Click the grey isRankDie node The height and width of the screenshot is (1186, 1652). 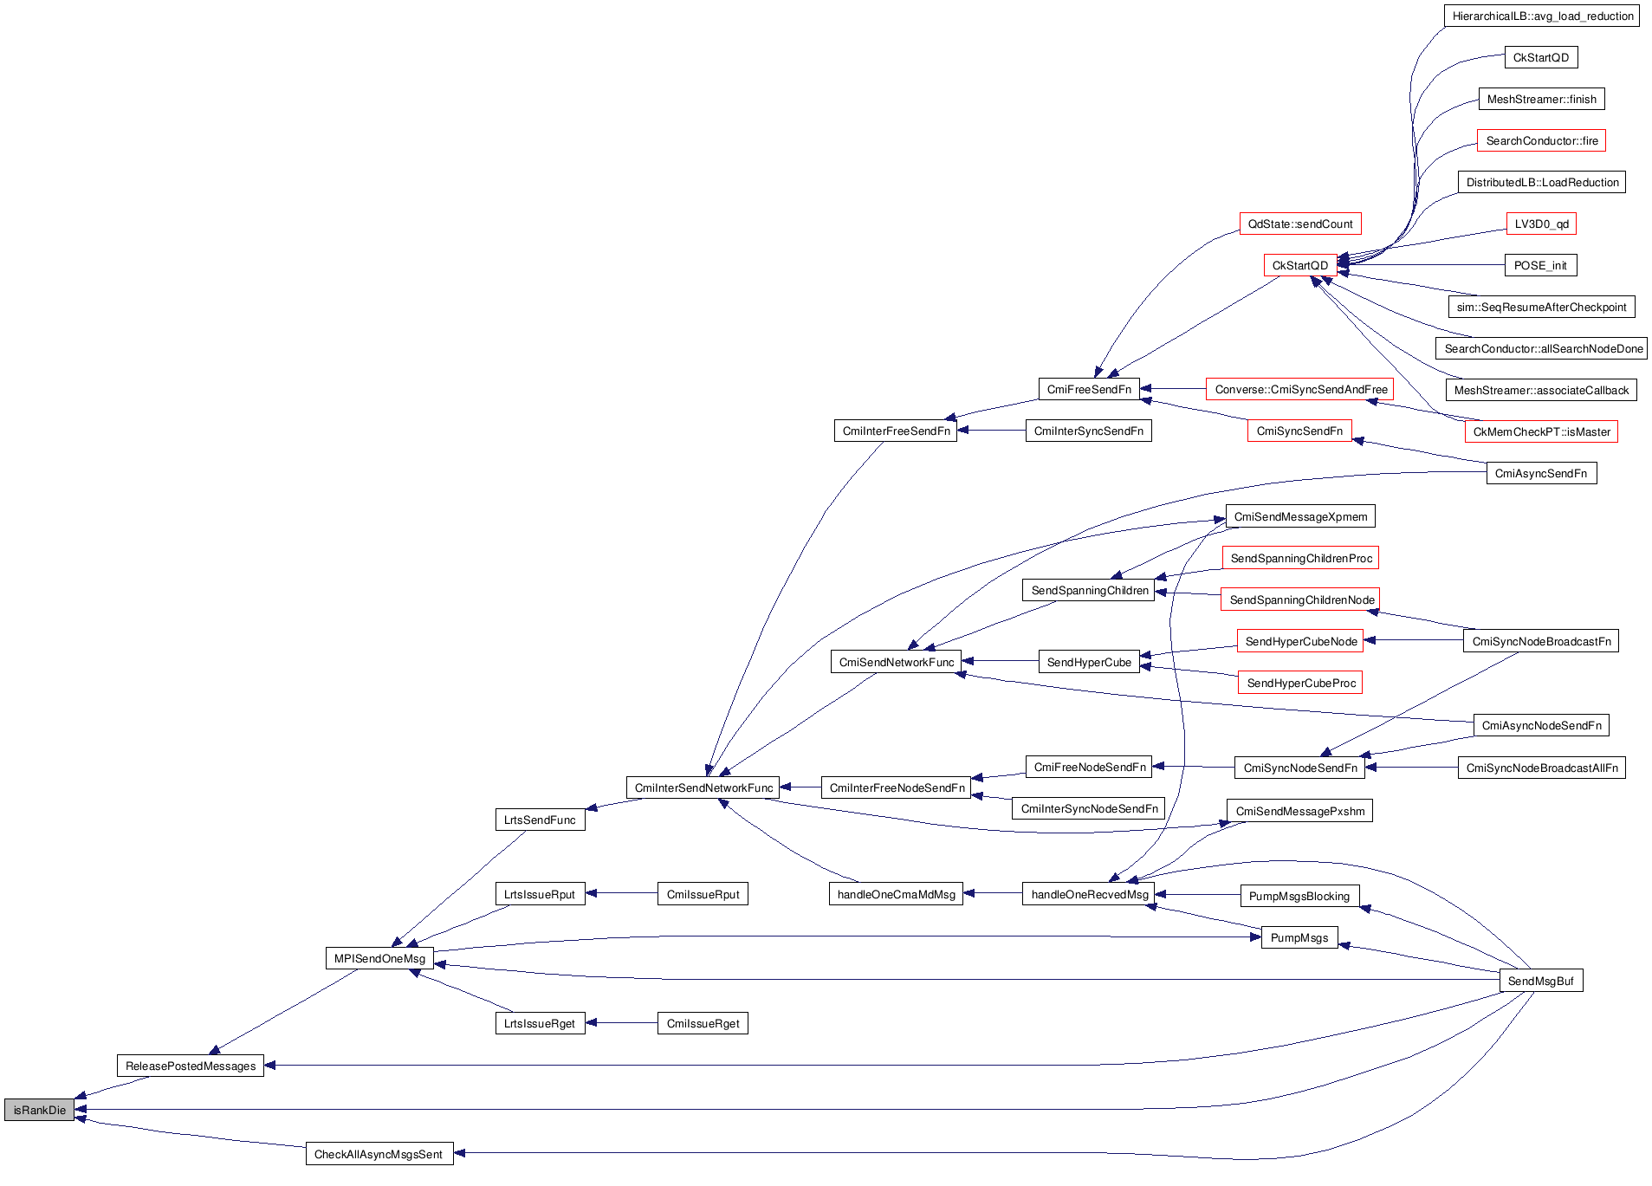(39, 1110)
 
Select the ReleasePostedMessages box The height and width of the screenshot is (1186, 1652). (190, 1066)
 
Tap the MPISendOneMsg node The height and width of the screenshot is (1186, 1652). (379, 958)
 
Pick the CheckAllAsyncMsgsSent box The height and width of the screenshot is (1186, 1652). (379, 1154)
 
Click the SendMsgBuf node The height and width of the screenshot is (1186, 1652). (1540, 981)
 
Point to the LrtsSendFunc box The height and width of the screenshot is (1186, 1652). (540, 820)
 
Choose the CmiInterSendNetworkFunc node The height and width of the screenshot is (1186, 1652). (703, 787)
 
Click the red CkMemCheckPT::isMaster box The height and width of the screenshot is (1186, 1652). (1541, 431)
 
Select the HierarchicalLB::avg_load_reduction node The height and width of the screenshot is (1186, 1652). (1542, 16)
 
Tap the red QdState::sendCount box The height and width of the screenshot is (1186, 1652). (1299, 224)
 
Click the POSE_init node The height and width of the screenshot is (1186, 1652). (1540, 265)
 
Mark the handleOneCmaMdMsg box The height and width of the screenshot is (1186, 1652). (896, 894)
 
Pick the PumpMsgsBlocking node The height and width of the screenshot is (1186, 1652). (1299, 896)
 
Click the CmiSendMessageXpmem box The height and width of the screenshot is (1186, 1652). (1300, 516)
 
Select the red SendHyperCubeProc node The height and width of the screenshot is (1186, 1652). (1301, 683)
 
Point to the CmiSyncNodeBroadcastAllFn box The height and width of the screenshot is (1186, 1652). (1541, 768)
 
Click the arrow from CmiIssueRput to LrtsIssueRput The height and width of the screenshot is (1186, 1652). (621, 893)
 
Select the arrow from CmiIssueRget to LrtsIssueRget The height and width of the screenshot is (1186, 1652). (621, 1023)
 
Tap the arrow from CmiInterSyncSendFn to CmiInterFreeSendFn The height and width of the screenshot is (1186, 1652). (991, 431)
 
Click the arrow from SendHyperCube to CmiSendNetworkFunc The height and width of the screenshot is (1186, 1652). (1000, 661)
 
